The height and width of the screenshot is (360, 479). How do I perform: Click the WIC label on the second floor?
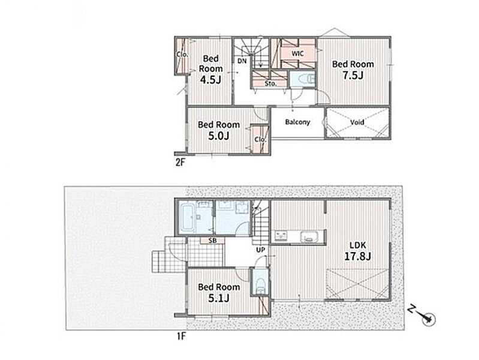coord(297,53)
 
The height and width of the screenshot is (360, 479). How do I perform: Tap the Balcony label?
coord(297,122)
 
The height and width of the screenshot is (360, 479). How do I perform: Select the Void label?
coord(357,122)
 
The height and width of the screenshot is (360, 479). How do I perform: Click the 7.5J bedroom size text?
coord(353,74)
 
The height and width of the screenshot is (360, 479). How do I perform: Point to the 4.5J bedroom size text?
coord(210,80)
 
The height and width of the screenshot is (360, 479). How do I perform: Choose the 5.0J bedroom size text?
coord(219,136)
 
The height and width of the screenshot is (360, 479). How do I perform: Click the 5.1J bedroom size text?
coord(219,298)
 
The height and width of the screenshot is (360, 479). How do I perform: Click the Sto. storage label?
coord(270,83)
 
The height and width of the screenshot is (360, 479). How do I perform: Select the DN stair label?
coord(242,61)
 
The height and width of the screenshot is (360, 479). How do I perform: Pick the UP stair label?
coord(261,250)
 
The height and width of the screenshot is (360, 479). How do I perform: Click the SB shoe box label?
coord(213,241)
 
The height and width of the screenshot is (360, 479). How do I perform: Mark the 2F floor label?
coord(180,162)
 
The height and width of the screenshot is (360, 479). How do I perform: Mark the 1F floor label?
coord(181,337)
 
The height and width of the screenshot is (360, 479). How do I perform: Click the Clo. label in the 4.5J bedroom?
coord(182,55)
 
